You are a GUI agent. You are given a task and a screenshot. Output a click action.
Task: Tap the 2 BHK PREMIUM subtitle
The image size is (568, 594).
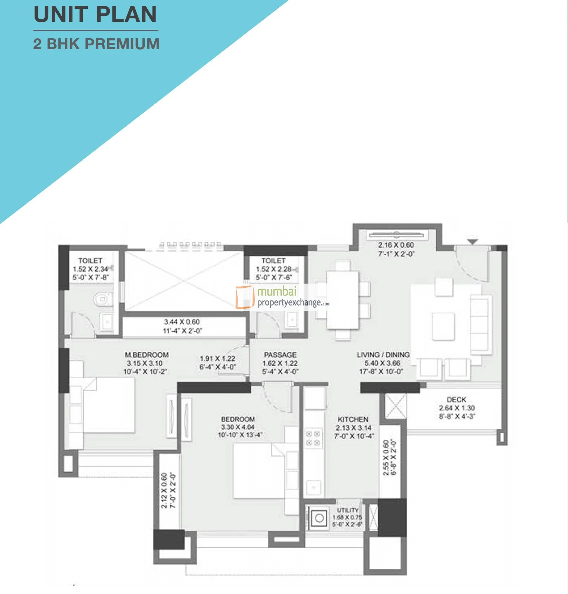coord(96,44)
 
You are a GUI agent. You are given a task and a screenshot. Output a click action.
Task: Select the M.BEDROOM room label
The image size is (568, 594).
coord(147,355)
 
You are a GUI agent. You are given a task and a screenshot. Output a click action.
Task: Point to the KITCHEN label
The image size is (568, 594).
coord(353,419)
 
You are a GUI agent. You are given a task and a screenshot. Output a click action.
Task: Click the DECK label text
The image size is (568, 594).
coord(456,399)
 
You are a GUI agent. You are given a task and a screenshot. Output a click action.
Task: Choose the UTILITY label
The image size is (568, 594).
coord(347,510)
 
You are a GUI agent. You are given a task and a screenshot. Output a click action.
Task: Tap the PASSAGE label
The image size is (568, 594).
coord(280,355)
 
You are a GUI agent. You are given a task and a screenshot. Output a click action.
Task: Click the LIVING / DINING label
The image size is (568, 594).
coord(383,355)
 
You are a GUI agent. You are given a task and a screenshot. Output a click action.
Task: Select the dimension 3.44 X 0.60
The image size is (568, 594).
coord(182,322)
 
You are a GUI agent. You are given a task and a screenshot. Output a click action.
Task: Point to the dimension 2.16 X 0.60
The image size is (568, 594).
coord(396,245)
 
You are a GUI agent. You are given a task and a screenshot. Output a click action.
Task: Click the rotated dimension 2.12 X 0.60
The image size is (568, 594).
coord(164,491)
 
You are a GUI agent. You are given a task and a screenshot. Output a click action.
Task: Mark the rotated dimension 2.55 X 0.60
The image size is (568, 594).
coord(386,457)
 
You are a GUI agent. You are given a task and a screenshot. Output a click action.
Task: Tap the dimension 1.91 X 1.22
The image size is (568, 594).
coord(217,358)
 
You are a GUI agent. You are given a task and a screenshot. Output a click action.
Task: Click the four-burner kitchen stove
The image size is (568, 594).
coord(313,438)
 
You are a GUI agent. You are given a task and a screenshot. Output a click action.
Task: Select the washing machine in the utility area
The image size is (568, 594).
coord(319,518)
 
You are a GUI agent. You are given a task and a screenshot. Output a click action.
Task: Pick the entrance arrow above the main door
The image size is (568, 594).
coord(472,241)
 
